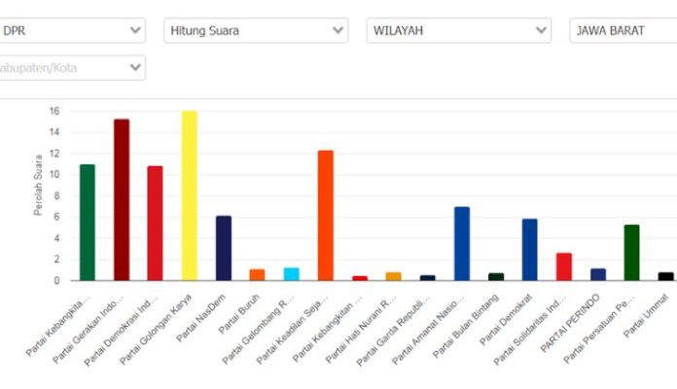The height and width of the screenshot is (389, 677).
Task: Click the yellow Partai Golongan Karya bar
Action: [189, 195]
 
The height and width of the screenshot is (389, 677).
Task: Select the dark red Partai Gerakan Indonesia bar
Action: [122, 199]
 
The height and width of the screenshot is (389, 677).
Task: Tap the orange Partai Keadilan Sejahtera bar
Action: [326, 215]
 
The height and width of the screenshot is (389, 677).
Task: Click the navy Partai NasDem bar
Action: [224, 248]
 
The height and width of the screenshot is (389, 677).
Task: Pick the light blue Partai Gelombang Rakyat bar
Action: [291, 273]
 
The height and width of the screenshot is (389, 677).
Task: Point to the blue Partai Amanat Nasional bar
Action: [462, 243]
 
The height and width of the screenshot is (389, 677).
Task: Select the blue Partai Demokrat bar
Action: [529, 249]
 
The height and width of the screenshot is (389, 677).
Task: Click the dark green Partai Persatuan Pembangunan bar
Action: [631, 252]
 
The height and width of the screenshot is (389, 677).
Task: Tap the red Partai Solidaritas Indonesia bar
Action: [564, 266]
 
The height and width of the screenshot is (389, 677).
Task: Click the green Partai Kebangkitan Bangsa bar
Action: [88, 222]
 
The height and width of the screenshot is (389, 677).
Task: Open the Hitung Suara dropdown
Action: [255, 31]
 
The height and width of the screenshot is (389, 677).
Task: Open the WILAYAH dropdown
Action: [458, 31]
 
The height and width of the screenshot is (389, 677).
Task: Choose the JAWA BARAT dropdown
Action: [623, 31]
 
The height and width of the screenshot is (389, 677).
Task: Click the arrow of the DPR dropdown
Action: [135, 31]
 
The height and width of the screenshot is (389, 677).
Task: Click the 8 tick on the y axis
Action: [56, 195]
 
